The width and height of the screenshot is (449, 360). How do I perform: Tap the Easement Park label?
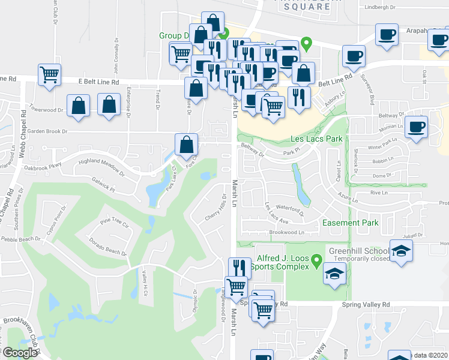pyautogui.click(x=351, y=223)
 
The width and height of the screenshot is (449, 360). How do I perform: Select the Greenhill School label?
pyautogui.click(x=357, y=250)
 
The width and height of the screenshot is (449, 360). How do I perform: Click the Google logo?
pyautogui.click(x=20, y=353)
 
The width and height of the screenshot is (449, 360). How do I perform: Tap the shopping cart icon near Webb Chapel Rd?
pyautogui.click(x=49, y=75)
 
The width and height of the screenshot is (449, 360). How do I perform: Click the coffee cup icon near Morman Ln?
pyautogui.click(x=415, y=127)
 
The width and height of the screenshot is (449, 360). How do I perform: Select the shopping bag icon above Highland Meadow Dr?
pyautogui.click(x=186, y=144)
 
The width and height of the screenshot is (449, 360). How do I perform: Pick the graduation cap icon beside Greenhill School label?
pyautogui.click(x=400, y=251)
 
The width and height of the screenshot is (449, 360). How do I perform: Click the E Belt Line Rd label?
pyautogui.click(x=99, y=82)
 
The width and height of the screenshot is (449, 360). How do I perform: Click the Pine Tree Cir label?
pyautogui.click(x=115, y=223)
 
